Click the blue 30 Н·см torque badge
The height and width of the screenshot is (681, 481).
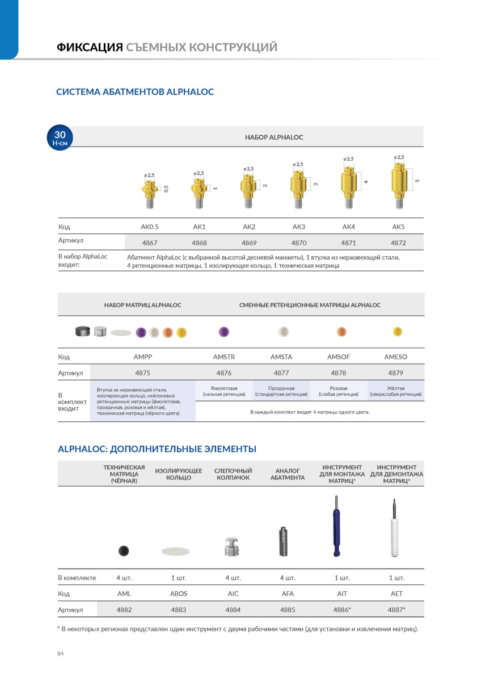coord(60,138)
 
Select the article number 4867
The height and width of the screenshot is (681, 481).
coord(150,243)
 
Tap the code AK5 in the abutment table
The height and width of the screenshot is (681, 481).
coord(399,227)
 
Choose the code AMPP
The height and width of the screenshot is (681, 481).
coord(143,357)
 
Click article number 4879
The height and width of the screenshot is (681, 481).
coord(396,373)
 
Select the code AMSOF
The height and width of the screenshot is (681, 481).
coord(339,357)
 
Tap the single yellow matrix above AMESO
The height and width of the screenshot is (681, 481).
coord(397,332)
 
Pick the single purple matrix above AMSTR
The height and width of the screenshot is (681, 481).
coord(223,332)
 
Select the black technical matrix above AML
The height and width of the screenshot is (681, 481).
coord(123,550)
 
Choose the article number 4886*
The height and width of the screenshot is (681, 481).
coord(342,610)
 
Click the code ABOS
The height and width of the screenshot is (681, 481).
coord(179,594)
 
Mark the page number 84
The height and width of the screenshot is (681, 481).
coord(61,654)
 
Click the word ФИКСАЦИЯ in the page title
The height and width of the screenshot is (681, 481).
coord(90,47)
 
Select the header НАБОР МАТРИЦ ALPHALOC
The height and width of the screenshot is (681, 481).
coord(143,305)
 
